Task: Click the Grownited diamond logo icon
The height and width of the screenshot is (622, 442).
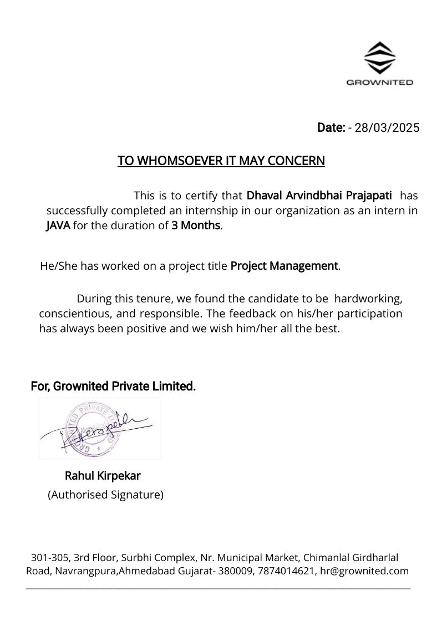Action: click(x=379, y=58)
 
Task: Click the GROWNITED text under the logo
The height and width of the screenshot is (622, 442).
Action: click(x=379, y=83)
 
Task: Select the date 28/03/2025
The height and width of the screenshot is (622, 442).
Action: click(x=387, y=128)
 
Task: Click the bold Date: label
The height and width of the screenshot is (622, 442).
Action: click(x=331, y=128)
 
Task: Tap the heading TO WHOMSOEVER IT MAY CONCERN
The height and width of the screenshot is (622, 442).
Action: click(x=221, y=161)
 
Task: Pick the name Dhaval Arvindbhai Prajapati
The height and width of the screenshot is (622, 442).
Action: click(x=319, y=196)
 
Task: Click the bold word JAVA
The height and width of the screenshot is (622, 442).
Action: click(x=58, y=225)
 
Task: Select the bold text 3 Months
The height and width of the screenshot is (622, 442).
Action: click(x=196, y=225)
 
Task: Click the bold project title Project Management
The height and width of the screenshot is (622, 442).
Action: click(x=284, y=266)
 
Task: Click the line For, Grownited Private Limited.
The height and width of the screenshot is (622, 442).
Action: click(x=113, y=386)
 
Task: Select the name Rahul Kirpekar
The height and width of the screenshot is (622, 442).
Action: click(x=103, y=476)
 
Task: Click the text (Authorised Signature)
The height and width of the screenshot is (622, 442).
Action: click(x=105, y=495)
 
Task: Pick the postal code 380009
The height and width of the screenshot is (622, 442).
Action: click(x=235, y=571)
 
